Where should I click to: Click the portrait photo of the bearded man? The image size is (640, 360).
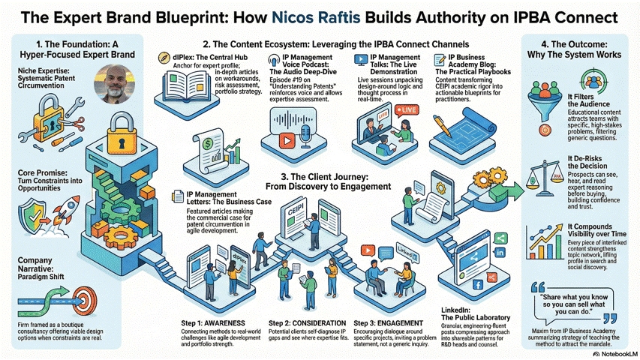pyautogui.click(x=112, y=82)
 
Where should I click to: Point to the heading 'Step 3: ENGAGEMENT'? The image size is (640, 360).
pyautogui.click(x=384, y=322)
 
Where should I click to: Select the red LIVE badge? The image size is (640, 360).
pyautogui.click(x=409, y=109)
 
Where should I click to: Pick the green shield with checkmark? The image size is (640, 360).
pyautogui.click(x=29, y=214)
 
